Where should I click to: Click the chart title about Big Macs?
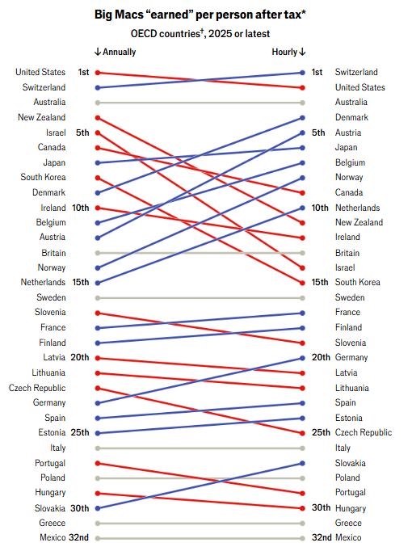[x=200, y=15]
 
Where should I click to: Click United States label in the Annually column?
[x=40, y=72]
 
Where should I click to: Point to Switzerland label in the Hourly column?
[x=356, y=72]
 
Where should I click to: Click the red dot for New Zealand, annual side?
[x=98, y=118]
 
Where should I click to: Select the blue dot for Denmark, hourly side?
[x=302, y=118]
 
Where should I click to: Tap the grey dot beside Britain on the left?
[x=98, y=253]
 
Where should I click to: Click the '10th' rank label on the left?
[x=81, y=208]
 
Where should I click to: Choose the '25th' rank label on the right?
[x=321, y=432]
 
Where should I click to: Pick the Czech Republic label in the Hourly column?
[x=364, y=432]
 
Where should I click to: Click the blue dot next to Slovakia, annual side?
[x=98, y=508]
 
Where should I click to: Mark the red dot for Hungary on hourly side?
[x=302, y=508]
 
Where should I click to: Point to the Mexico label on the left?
[x=53, y=537]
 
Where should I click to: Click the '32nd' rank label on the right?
[x=322, y=537]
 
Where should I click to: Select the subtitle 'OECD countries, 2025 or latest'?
[x=200, y=33]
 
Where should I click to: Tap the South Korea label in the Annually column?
[x=43, y=177]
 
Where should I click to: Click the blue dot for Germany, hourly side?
[x=302, y=358]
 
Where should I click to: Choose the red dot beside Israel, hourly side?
[x=302, y=268]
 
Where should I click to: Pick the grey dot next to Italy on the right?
[x=302, y=448]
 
